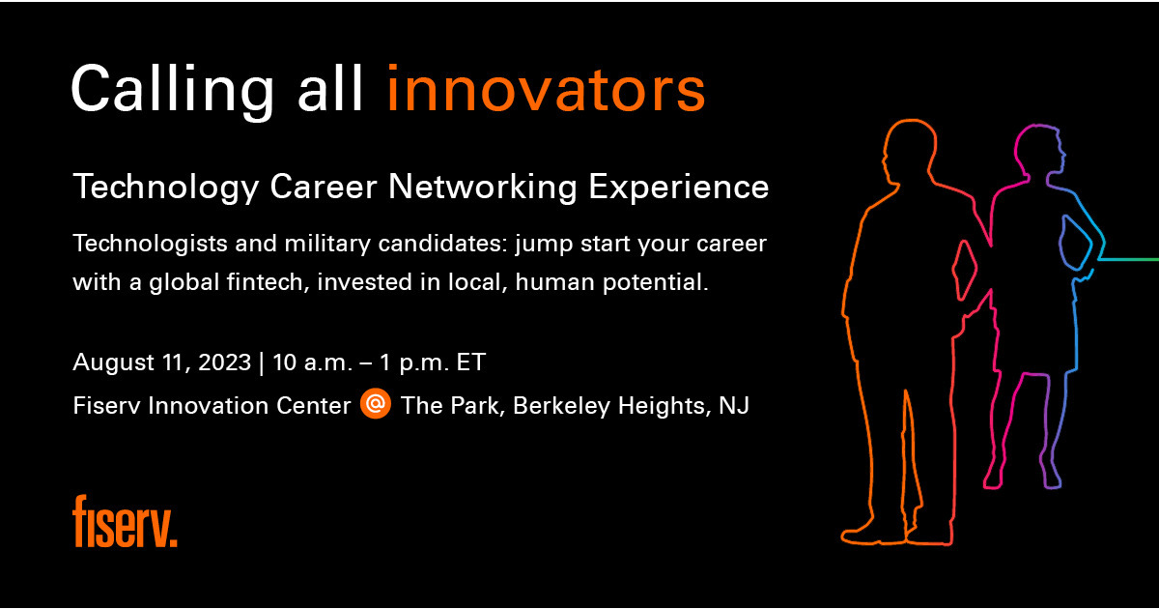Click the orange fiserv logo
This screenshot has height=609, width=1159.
[x=125, y=522]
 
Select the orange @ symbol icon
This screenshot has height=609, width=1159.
[x=376, y=405]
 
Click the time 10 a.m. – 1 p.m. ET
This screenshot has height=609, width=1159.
[x=379, y=363]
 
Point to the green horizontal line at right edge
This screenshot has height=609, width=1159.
[x=1130, y=259]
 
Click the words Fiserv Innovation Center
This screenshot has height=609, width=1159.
[x=212, y=406]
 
